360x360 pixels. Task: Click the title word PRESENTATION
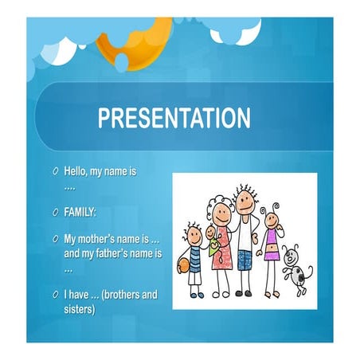174,119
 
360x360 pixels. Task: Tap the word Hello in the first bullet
79,171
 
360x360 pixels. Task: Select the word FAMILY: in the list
81,213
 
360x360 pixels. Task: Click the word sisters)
80,309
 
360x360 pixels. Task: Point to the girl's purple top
272,239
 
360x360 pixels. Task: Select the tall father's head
245,203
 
